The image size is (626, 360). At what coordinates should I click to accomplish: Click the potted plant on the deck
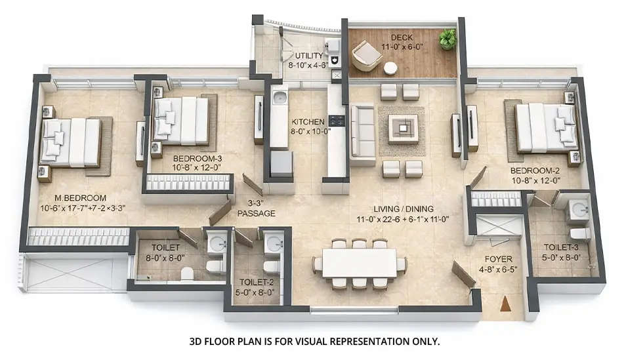[x=448, y=39]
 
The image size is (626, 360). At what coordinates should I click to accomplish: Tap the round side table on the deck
[x=390, y=68]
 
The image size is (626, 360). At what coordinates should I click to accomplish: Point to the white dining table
[x=360, y=263]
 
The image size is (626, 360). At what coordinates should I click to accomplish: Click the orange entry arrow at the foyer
[x=505, y=304]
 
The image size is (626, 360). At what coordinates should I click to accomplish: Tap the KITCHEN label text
[x=307, y=121]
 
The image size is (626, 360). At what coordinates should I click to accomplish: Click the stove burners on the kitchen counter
[x=337, y=120]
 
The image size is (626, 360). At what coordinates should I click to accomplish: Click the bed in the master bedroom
[x=70, y=142]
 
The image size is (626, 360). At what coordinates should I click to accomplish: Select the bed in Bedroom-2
[x=545, y=127]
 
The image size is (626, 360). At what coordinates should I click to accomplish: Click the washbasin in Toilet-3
[x=579, y=210]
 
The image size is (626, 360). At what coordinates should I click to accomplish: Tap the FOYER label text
[x=495, y=258]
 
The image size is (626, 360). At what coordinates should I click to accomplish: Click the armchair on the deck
[x=366, y=56]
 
